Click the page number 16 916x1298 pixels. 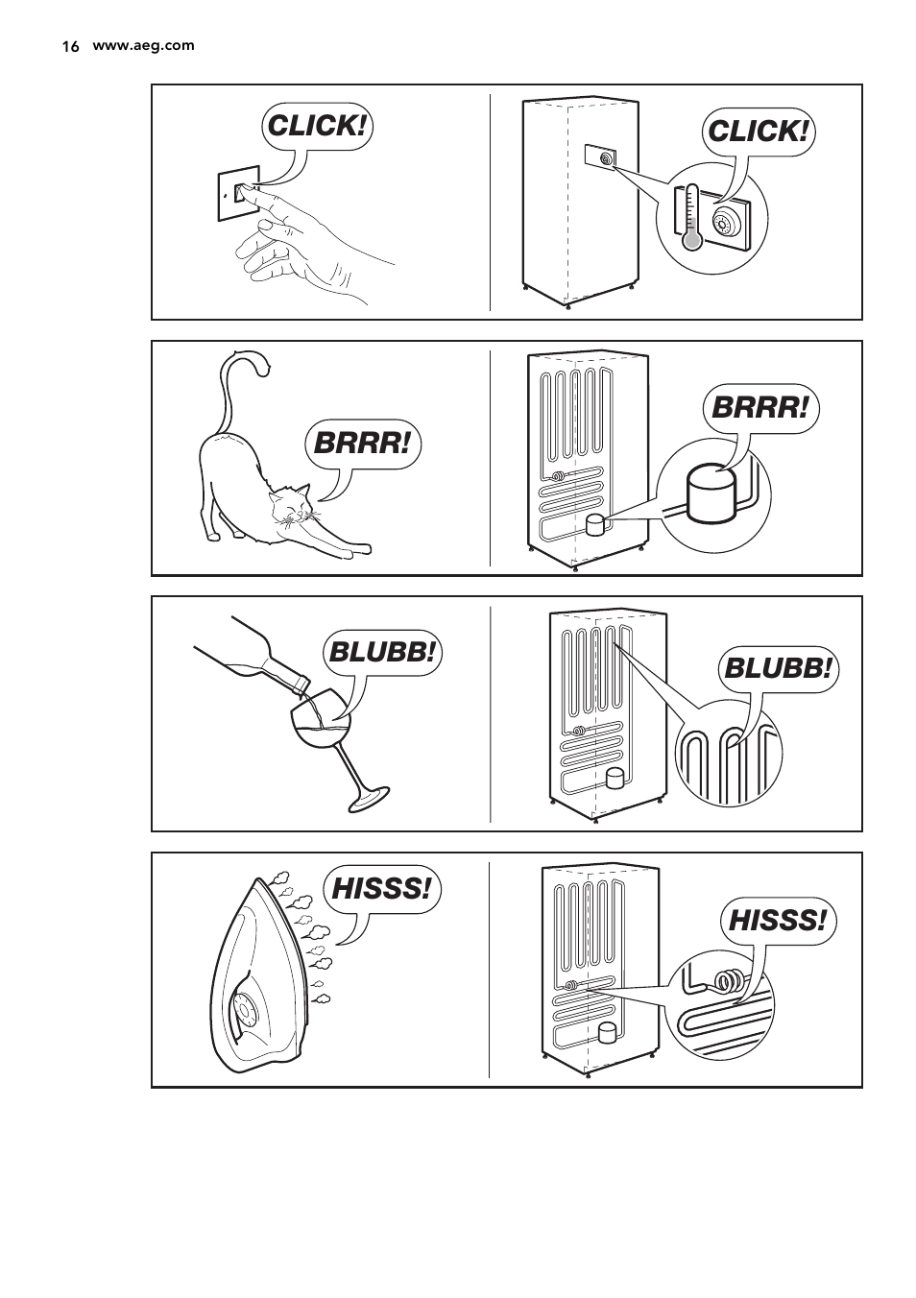(69, 46)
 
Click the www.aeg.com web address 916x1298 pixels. (143, 45)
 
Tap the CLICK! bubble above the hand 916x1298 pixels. (317, 126)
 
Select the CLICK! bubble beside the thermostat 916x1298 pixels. (759, 132)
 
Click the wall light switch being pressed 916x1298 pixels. (240, 195)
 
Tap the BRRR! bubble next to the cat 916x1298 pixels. (365, 445)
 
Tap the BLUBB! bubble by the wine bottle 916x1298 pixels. (382, 653)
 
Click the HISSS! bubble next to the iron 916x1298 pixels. (382, 889)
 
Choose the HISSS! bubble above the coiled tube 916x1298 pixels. (778, 922)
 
